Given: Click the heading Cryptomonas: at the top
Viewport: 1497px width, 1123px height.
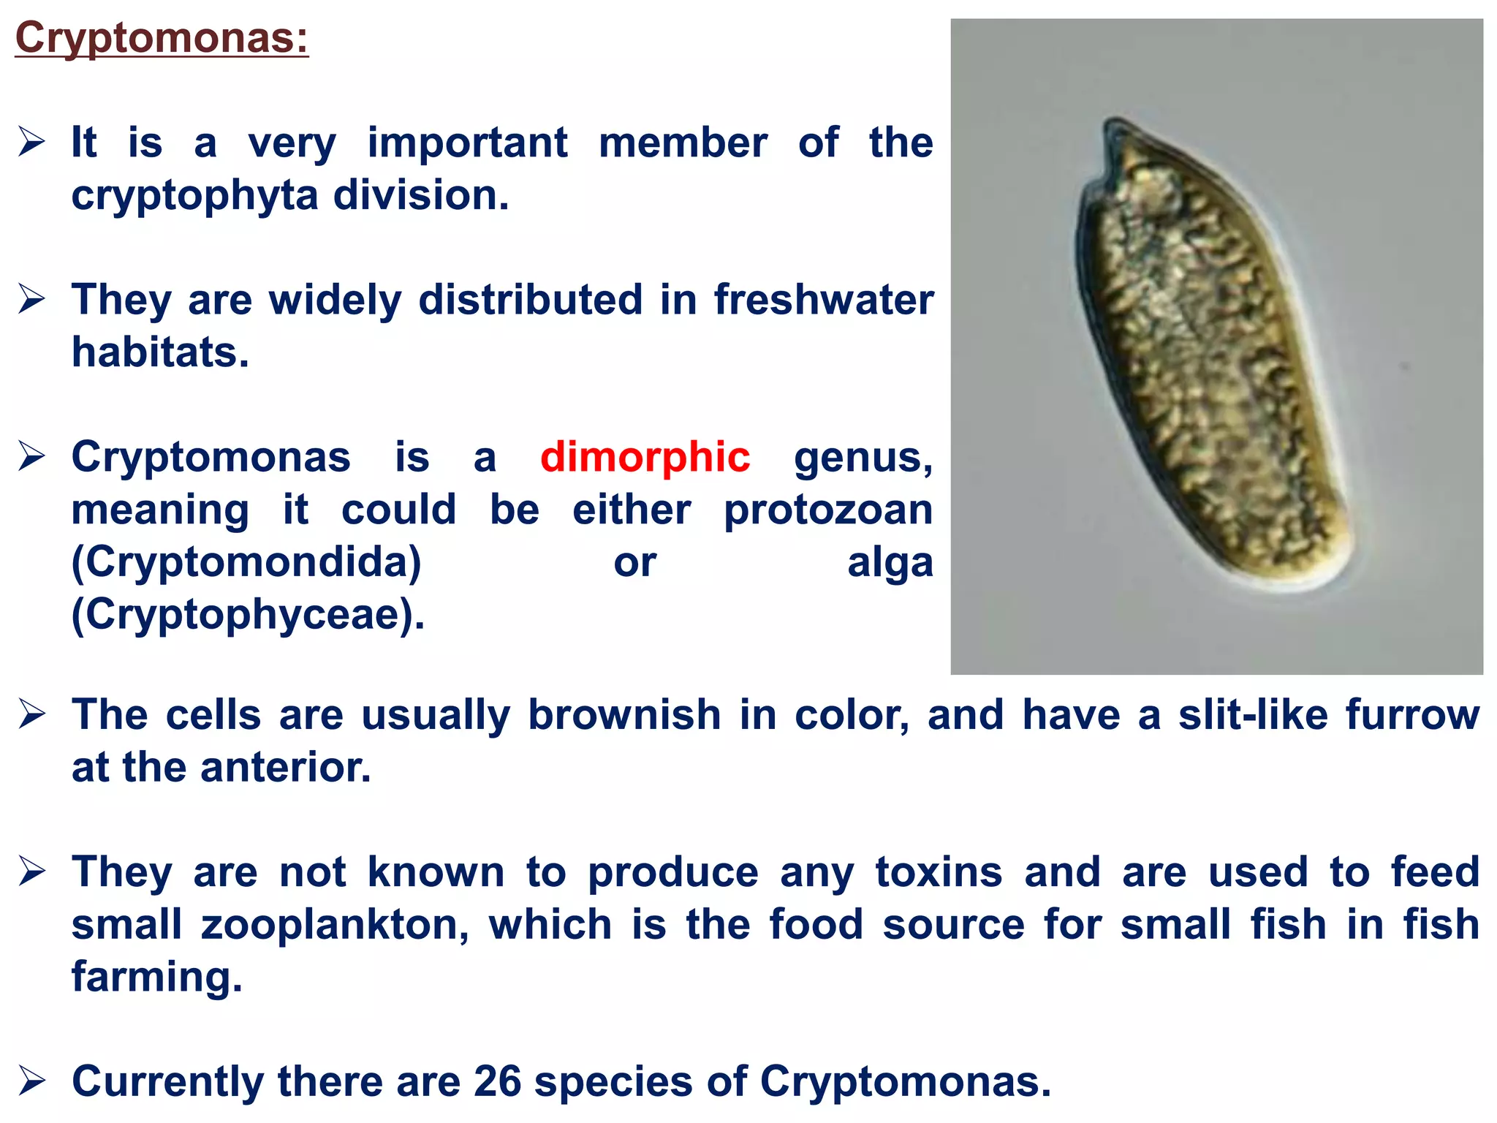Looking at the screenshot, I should point(162,38).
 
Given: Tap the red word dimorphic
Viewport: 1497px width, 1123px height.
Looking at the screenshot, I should point(645,458).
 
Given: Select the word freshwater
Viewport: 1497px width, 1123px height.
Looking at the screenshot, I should point(824,300).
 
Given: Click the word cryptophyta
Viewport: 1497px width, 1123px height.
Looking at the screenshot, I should point(194,196).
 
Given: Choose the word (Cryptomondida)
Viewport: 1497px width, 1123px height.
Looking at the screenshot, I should point(246,562).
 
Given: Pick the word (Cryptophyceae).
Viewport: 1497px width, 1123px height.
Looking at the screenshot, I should point(248,615).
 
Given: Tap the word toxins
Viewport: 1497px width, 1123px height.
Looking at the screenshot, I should point(939,871).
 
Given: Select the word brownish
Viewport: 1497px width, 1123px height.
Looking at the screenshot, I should point(624,714).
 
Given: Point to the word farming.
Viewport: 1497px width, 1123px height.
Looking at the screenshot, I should point(156,977).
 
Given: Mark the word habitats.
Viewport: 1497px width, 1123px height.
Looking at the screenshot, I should point(160,352).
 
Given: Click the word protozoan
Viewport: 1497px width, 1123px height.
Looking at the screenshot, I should point(828,510).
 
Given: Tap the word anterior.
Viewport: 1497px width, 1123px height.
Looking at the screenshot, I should point(286,768).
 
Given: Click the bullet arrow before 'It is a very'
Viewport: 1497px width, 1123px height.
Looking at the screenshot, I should point(32,142).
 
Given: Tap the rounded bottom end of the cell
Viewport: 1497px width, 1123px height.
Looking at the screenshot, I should point(1308,581).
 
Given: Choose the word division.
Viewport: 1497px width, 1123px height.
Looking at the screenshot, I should point(421,196).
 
